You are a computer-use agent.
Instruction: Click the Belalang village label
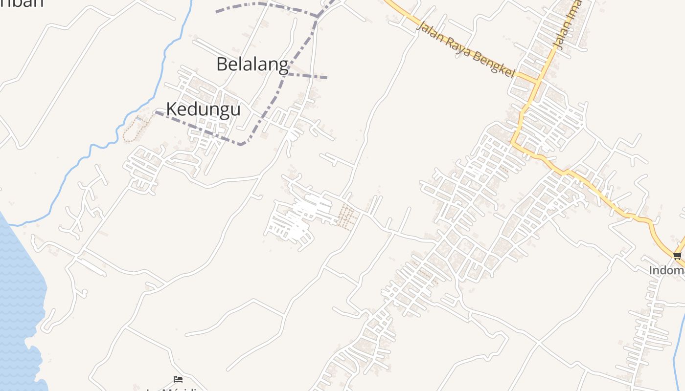point(252,64)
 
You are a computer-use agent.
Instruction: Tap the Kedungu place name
point(203,109)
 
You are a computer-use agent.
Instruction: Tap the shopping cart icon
point(678,256)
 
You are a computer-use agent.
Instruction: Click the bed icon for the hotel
point(178,379)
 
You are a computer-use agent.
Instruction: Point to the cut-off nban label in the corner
point(22,3)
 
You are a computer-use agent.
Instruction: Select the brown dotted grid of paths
point(347,217)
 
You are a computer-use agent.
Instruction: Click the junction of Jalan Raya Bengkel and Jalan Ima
point(538,80)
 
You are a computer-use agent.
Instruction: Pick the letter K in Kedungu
point(172,109)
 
